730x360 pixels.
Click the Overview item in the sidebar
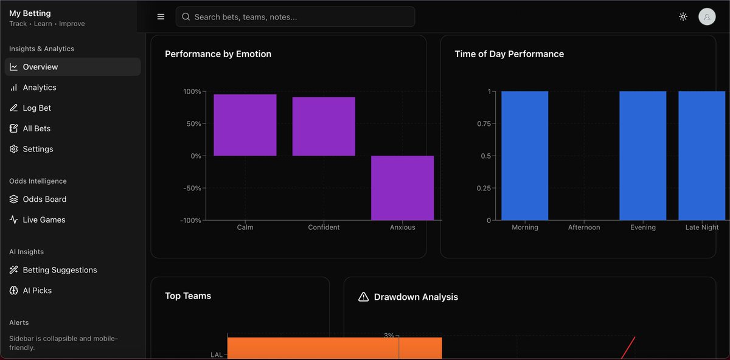point(40,67)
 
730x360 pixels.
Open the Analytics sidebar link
point(40,88)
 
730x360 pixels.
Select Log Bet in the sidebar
point(36,108)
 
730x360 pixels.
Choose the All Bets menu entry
point(36,128)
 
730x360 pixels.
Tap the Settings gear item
point(38,149)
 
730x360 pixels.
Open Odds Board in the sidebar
point(44,199)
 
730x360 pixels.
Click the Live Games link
point(44,220)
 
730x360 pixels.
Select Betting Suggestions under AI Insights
point(60,270)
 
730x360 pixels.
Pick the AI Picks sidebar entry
point(37,291)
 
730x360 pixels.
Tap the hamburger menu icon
point(161,17)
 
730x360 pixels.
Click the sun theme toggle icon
point(683,17)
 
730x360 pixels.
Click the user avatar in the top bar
point(707,17)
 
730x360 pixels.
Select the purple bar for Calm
point(245,125)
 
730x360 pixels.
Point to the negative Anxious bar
point(402,187)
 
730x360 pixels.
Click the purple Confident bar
point(324,126)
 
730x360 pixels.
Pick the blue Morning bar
point(524,155)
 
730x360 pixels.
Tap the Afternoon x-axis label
point(583,227)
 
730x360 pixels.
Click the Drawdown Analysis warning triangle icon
point(364,297)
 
